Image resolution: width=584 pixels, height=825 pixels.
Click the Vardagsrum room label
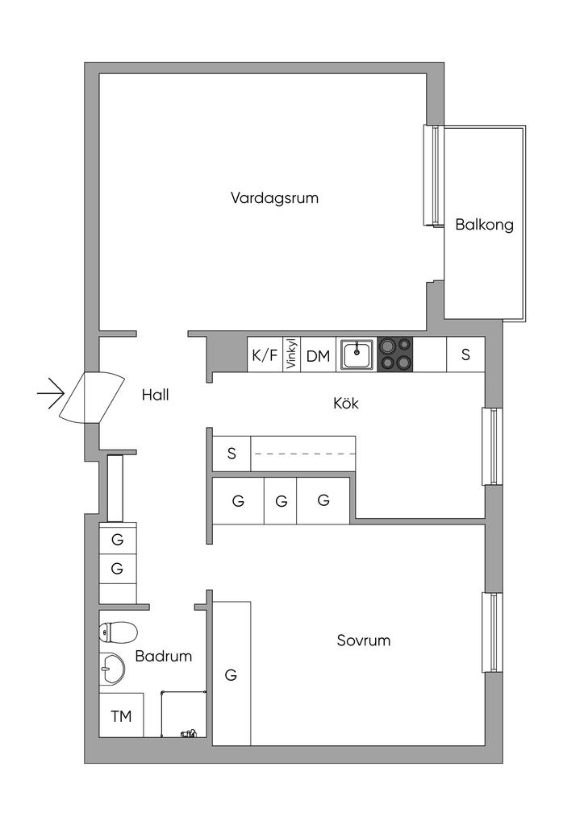click(x=274, y=198)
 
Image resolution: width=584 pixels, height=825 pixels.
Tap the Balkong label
click(x=485, y=226)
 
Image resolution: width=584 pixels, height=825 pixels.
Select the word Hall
click(x=156, y=395)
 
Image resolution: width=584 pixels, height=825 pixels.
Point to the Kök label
click(x=346, y=403)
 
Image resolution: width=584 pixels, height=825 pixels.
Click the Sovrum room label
click(x=363, y=641)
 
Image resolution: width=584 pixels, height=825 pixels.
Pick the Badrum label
click(x=163, y=656)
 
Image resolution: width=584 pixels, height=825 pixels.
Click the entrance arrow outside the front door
click(x=51, y=393)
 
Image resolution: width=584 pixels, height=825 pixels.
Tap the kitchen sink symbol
click(x=357, y=354)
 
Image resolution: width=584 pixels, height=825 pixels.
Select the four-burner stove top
click(x=395, y=354)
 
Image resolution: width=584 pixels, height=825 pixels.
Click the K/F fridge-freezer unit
click(x=265, y=354)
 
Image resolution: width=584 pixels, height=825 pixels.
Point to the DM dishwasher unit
click(x=318, y=354)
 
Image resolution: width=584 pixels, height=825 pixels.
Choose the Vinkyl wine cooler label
click(x=291, y=354)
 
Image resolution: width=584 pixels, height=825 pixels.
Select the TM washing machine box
click(x=122, y=715)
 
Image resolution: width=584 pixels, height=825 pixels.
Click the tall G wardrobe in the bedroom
click(x=232, y=673)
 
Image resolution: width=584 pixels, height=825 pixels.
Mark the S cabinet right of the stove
click(x=465, y=354)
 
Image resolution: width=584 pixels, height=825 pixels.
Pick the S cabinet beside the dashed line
click(x=232, y=454)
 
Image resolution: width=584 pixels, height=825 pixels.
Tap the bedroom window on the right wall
click(x=493, y=632)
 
